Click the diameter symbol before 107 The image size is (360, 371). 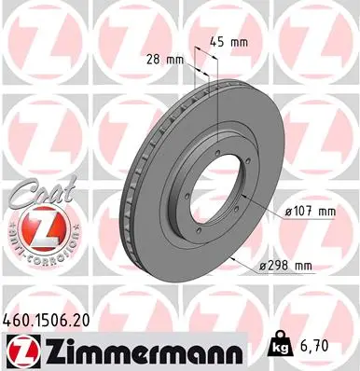289,212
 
